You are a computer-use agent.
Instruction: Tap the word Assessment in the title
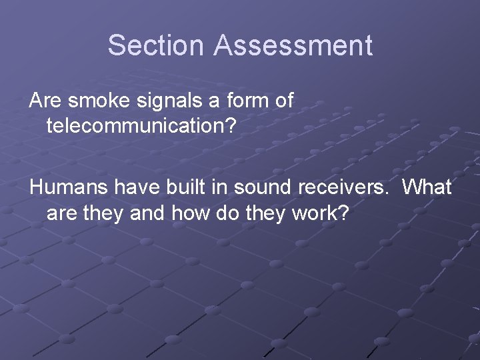pos(293,45)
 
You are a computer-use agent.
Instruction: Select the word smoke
pos(90,101)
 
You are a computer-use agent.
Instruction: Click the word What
pos(427,187)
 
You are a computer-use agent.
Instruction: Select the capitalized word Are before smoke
pos(44,101)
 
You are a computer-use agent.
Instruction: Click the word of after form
pos(283,101)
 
